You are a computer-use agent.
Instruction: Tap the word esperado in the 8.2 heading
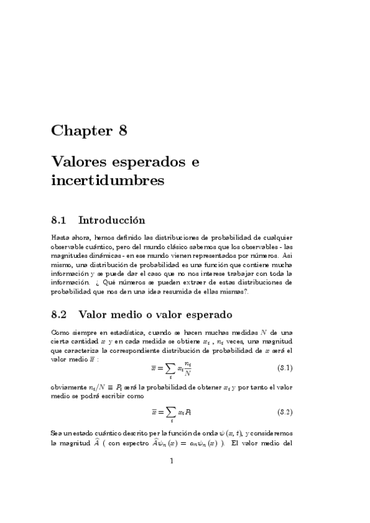(204, 315)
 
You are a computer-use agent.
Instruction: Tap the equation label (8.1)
(284, 368)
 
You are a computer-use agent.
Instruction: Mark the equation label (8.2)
(284, 411)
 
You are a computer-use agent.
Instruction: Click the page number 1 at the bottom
(171, 460)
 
